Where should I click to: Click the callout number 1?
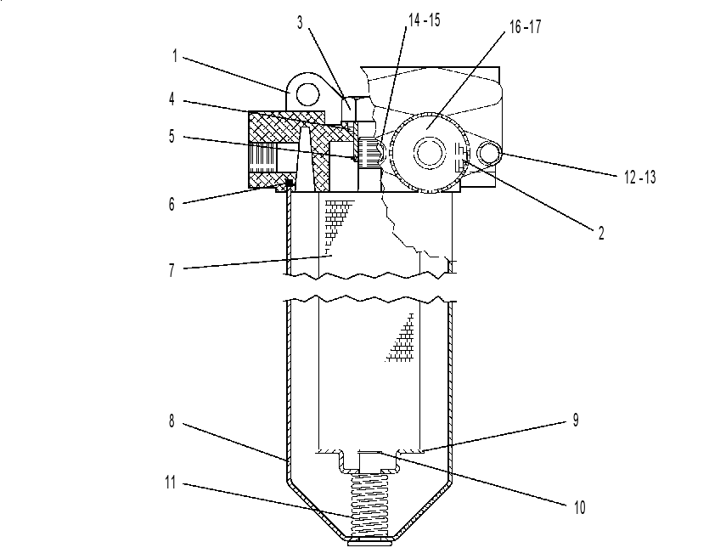[175, 56]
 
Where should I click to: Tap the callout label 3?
[300, 22]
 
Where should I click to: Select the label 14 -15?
[424, 20]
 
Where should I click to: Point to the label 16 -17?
[525, 27]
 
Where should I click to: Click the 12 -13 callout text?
[640, 177]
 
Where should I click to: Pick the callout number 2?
[601, 233]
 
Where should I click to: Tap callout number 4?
[172, 99]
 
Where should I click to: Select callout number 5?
[172, 137]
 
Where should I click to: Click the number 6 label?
[172, 204]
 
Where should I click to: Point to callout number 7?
[172, 270]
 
